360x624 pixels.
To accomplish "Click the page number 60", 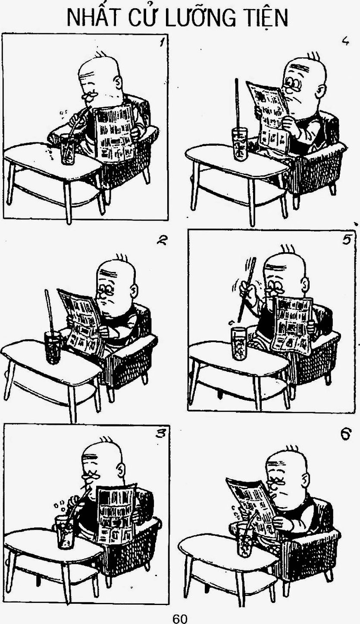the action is point(180,618).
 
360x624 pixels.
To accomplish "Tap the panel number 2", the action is point(161,240).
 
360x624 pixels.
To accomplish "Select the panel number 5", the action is point(346,239).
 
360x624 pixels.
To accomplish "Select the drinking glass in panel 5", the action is point(239,343).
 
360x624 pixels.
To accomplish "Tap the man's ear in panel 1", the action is point(118,82).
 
